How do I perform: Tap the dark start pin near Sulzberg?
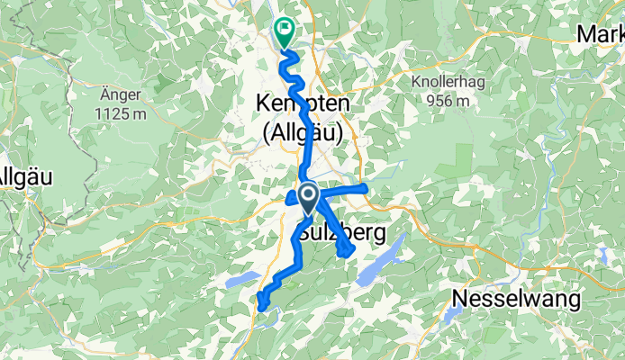tap(307, 197)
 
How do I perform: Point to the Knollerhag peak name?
tap(437, 84)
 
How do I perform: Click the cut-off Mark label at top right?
tap(602, 34)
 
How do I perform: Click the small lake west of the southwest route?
tap(235, 280)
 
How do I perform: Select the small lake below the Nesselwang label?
tap(452, 316)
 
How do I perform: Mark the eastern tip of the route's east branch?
tap(365, 187)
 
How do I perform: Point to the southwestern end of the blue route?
tap(261, 306)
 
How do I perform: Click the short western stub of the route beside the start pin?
tap(292, 199)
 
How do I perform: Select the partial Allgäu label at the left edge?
tap(17, 175)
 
